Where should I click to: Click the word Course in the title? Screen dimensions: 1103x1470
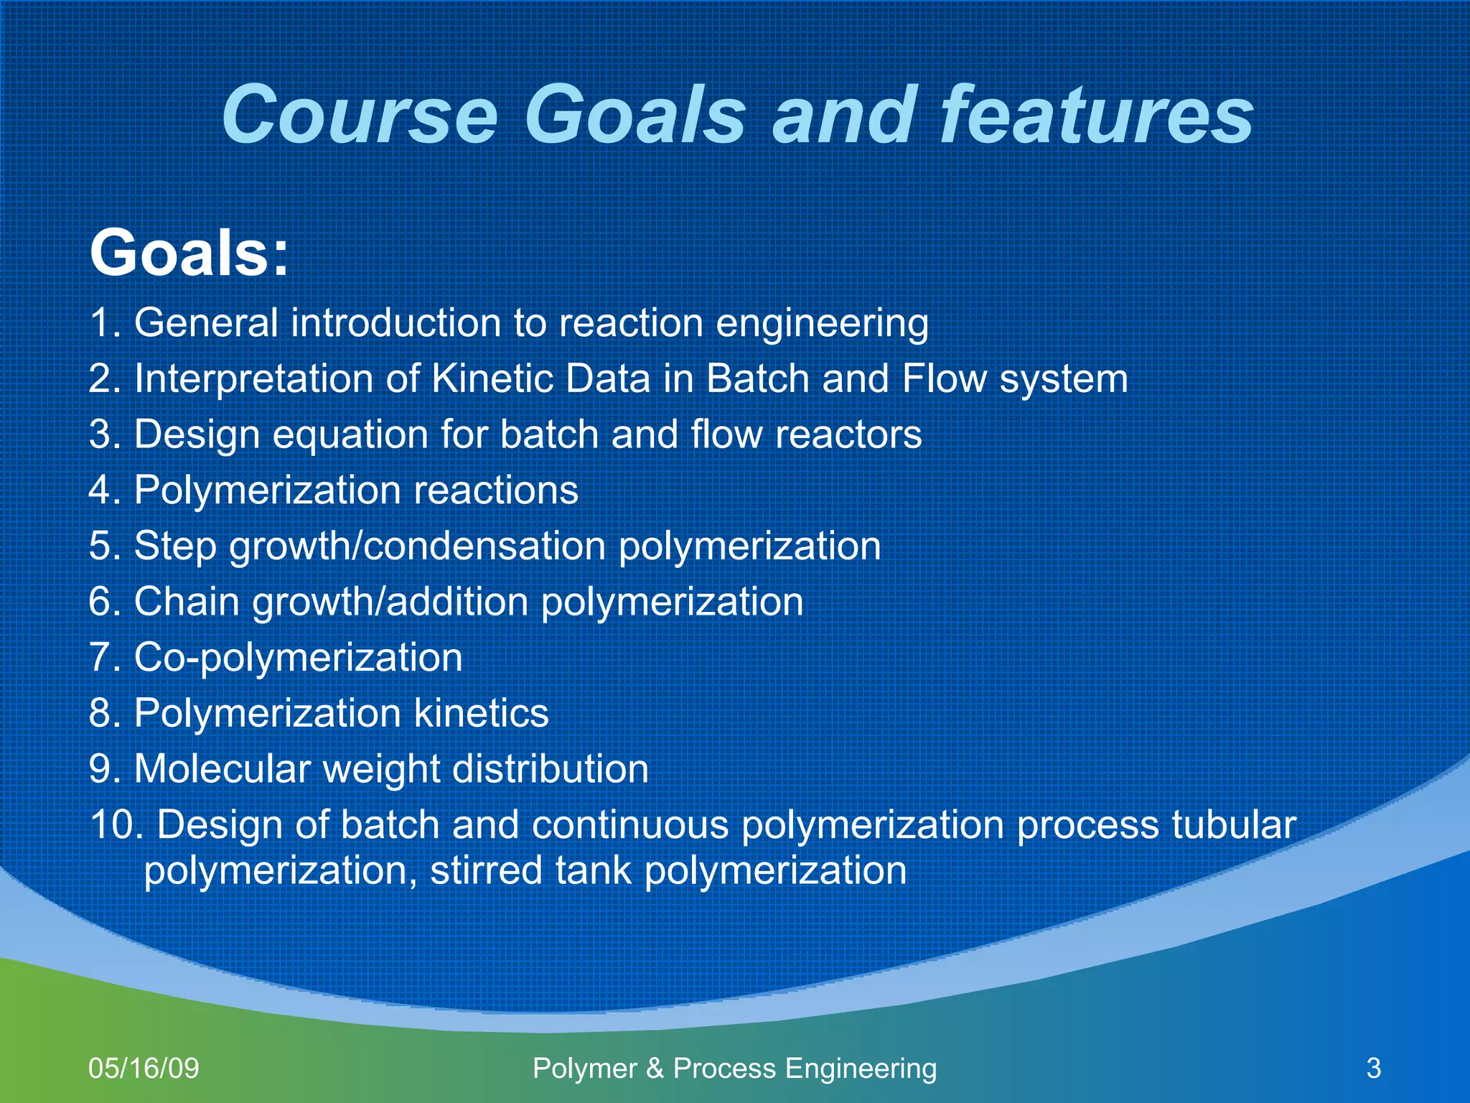click(x=359, y=115)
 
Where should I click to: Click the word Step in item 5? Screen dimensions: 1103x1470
click(x=175, y=546)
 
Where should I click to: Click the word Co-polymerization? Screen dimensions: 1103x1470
click(x=298, y=658)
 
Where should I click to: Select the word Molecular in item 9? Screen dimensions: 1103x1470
click(x=223, y=769)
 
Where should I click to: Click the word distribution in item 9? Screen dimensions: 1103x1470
click(x=551, y=769)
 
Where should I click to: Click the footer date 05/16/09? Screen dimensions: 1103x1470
click(x=144, y=1069)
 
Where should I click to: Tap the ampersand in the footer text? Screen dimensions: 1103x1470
click(x=655, y=1069)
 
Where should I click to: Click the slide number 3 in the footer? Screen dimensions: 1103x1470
click(x=1374, y=1069)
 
